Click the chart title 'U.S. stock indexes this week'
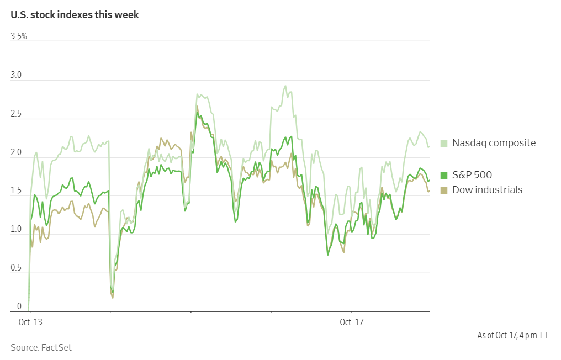pos(75,15)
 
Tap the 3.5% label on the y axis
pos(19,36)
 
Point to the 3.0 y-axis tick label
pos(16,75)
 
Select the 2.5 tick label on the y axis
pos(16,114)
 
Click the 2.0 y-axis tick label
pos(16,152)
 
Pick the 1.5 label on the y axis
pos(16,190)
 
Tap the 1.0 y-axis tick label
pos(16,229)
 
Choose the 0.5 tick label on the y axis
pos(16,268)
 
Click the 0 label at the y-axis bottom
pos(13,306)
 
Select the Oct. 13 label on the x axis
pos(29,322)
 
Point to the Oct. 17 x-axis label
pos(352,322)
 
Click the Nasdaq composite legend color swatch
pos(443,144)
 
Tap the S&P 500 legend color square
pos(443,176)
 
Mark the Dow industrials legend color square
pos(443,190)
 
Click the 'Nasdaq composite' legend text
pos(494,143)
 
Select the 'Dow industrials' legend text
pos(487,190)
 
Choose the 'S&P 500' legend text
pos(472,176)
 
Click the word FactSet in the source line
pos(56,347)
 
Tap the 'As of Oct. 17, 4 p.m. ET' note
pos(513,336)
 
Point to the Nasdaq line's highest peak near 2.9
pos(285,86)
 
